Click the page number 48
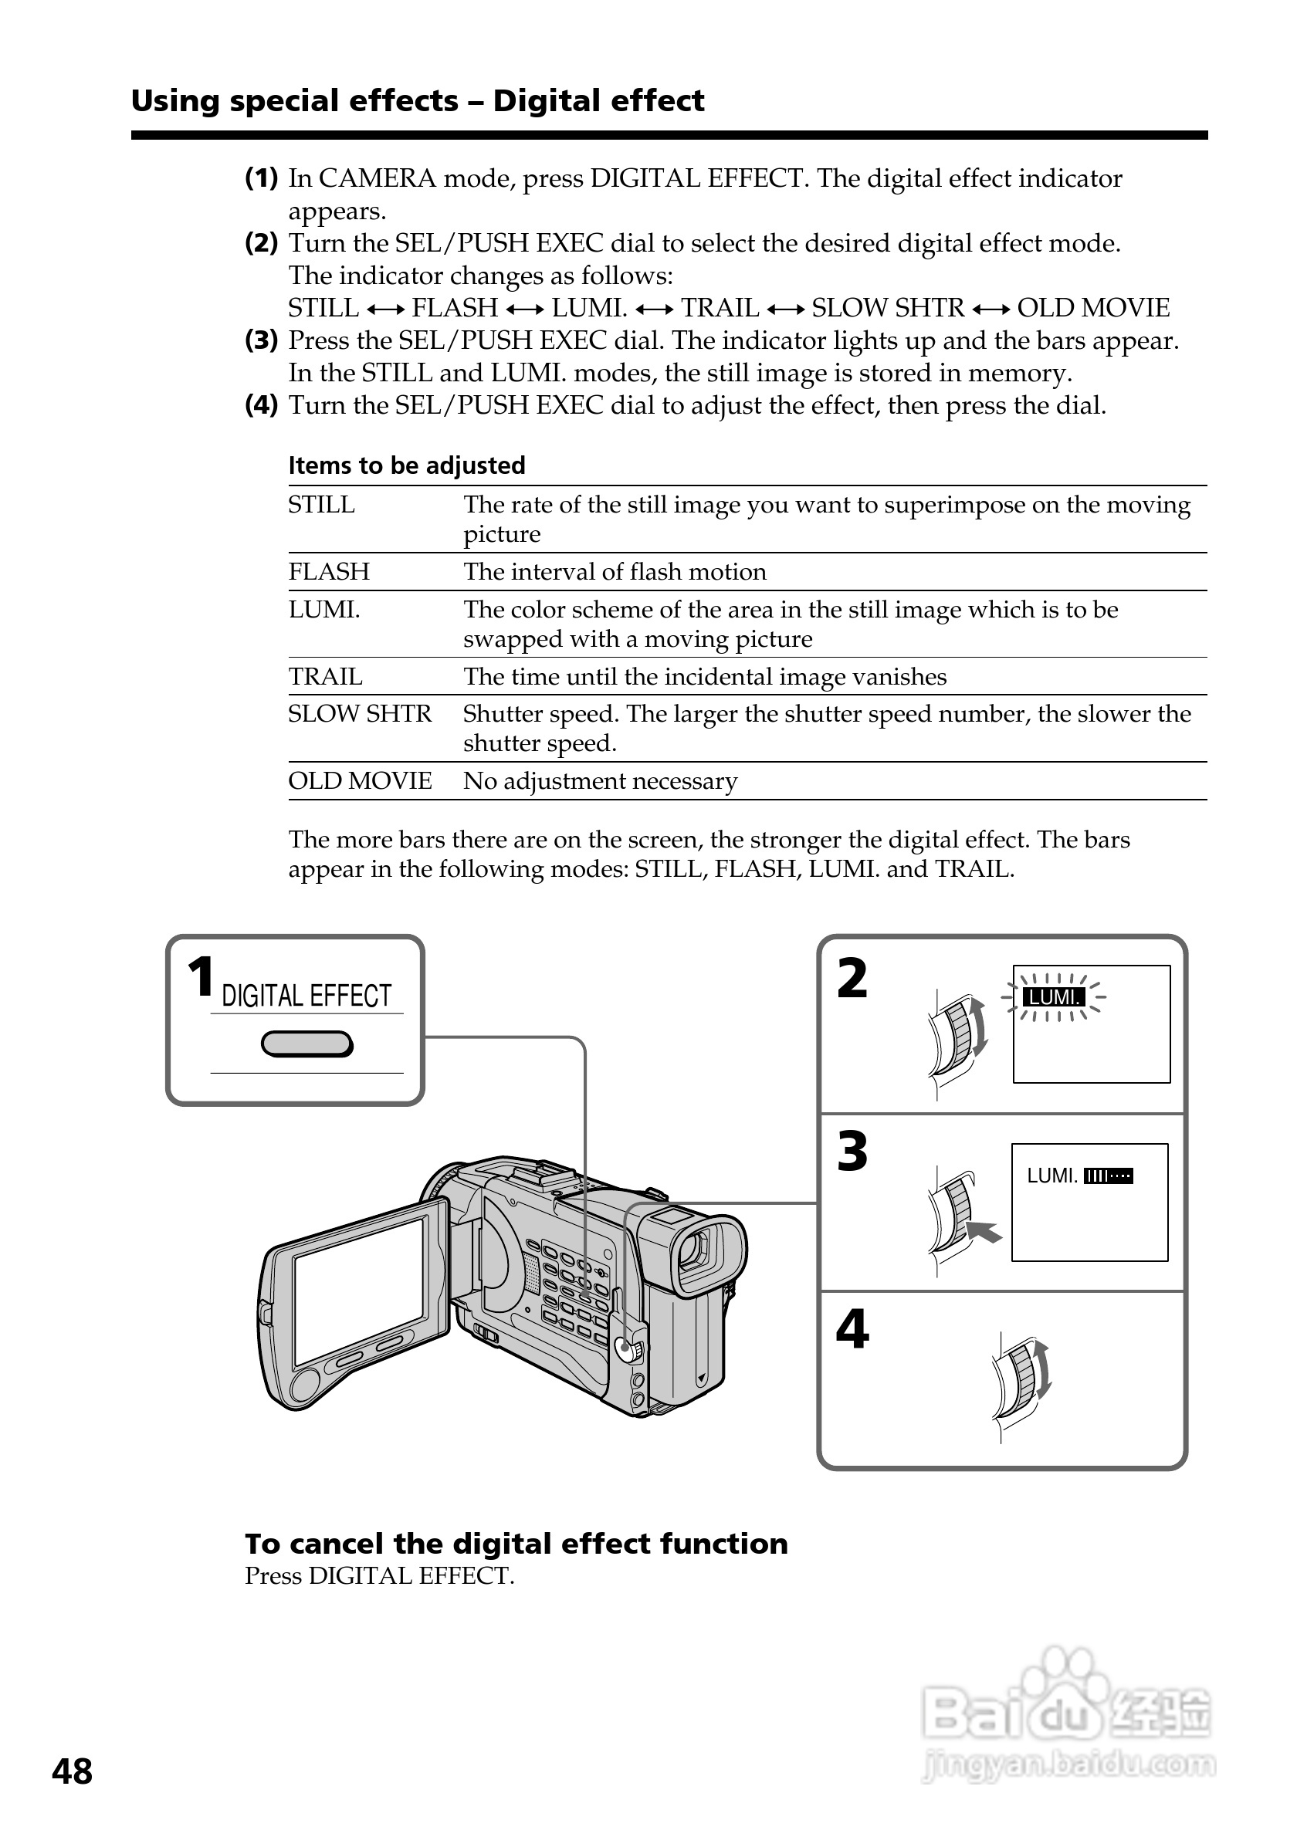(x=72, y=1771)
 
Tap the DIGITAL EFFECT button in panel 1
(x=306, y=1044)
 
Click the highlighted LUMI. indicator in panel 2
(x=1053, y=997)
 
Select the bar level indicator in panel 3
(x=1108, y=1176)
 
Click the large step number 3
(x=852, y=1152)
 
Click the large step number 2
(x=852, y=979)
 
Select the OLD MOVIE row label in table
(x=360, y=781)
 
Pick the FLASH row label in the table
(x=329, y=572)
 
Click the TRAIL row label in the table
(x=325, y=677)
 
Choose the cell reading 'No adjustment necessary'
(x=600, y=781)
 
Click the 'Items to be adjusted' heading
(x=406, y=465)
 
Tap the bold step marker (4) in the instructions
(x=261, y=405)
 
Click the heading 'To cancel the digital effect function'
(x=516, y=1544)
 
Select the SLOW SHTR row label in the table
(x=359, y=714)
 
